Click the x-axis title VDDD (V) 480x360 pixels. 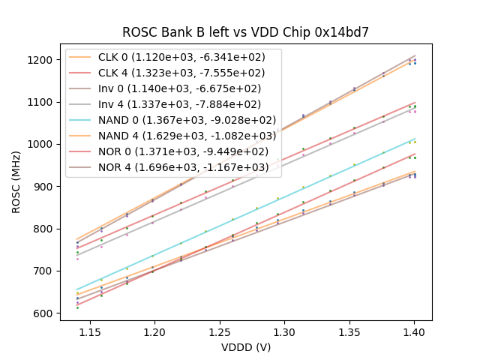click(246, 348)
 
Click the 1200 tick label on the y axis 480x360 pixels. click(42, 60)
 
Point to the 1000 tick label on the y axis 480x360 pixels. click(42, 145)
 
